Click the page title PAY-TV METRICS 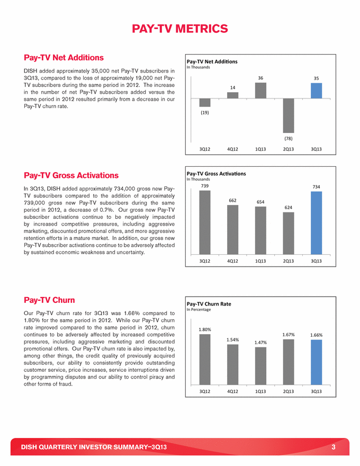point(180,28)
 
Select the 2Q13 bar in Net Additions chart point(289,115)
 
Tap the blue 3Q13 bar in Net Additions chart point(316,91)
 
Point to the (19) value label point(205,112)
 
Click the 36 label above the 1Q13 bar point(260,78)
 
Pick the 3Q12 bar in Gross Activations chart point(205,222)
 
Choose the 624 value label point(289,207)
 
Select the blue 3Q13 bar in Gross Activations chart point(316,223)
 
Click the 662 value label point(232,200)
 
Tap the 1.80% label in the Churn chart point(205,329)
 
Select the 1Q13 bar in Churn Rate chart point(260,365)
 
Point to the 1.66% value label point(316,335)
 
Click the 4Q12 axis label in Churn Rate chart point(232,391)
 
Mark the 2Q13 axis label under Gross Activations point(289,261)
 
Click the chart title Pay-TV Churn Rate point(209,304)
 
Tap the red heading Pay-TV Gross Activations point(71,175)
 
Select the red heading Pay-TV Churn point(49,300)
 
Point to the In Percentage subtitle point(199,310)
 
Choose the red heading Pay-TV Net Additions point(64,57)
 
